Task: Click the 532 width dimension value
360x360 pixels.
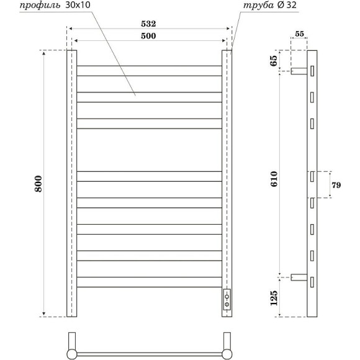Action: coord(148,24)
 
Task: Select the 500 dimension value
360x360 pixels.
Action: coord(148,36)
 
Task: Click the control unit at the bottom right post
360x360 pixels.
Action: coord(228,299)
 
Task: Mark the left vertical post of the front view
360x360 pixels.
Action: coord(71,183)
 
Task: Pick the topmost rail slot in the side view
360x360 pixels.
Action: coord(313,70)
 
